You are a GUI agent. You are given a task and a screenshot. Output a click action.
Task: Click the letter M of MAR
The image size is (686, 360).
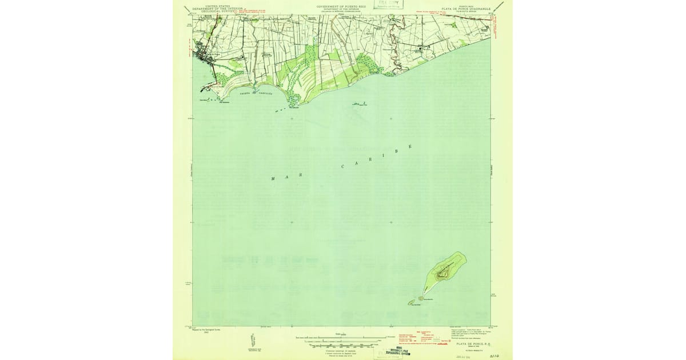(273, 179)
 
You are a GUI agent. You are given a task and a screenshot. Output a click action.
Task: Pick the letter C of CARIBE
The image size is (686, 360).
(343, 167)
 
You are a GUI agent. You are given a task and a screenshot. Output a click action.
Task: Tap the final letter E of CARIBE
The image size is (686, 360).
(410, 147)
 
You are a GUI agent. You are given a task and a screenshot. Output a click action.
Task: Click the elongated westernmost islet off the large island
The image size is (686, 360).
(410, 303)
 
